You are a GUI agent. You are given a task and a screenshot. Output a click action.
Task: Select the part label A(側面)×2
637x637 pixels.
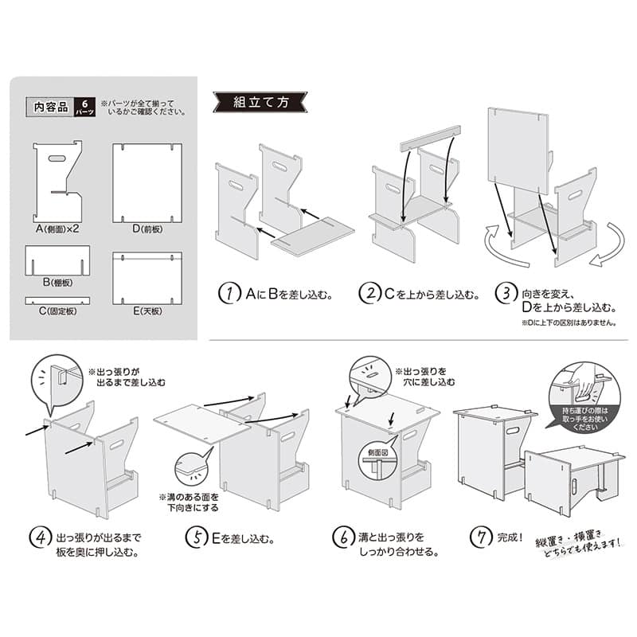point(57,229)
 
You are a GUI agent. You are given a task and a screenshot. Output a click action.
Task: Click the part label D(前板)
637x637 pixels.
point(147,229)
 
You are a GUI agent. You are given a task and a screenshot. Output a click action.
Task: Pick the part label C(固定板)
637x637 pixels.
point(57,311)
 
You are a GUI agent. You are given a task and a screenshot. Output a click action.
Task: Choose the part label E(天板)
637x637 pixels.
point(147,311)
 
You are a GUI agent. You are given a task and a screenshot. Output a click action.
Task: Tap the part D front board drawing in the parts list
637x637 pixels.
point(147,182)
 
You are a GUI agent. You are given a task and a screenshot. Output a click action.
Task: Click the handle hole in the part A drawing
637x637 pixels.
point(57,159)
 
